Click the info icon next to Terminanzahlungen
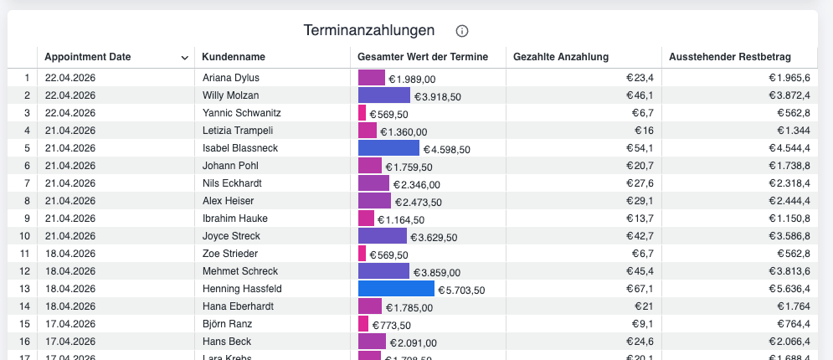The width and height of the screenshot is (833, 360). (x=462, y=31)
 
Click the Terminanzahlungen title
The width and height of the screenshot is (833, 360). (x=369, y=31)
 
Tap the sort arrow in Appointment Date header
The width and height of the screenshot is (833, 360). (x=184, y=58)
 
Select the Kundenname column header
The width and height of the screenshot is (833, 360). (x=234, y=57)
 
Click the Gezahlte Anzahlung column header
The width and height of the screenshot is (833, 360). (x=561, y=57)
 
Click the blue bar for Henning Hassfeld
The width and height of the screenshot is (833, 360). (x=396, y=289)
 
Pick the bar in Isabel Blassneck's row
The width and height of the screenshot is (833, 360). (x=388, y=148)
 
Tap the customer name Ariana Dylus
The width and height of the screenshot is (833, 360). (x=231, y=78)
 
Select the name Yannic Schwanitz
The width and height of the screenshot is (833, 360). (x=242, y=113)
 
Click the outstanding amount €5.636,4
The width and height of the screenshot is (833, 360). (x=789, y=289)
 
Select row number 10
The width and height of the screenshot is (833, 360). (x=25, y=236)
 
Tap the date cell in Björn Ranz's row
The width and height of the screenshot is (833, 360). (x=70, y=324)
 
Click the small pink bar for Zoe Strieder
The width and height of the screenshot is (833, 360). (x=362, y=254)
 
